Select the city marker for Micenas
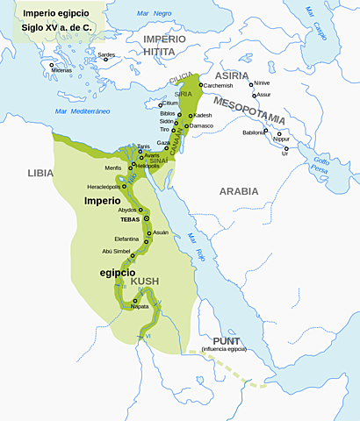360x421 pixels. (52, 65)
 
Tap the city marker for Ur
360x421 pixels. (284, 146)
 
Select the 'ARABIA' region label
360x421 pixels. (239, 190)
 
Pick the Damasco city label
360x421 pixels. (201, 125)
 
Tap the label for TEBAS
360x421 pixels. (132, 219)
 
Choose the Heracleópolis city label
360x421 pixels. (104, 187)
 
